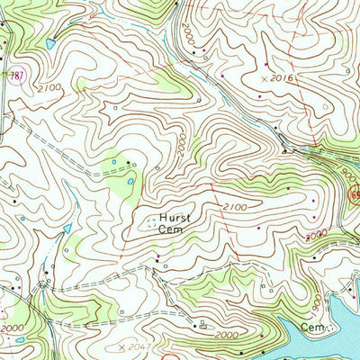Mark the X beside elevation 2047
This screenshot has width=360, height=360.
119,346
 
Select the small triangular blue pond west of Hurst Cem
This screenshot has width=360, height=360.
67,229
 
